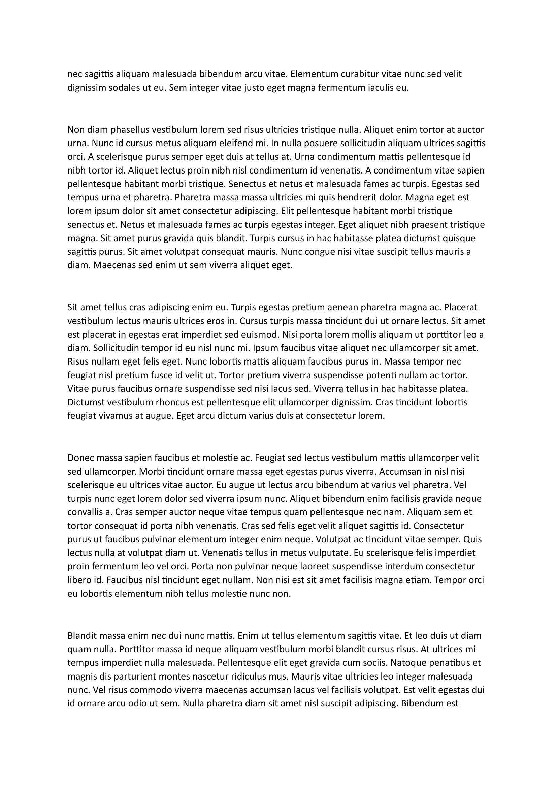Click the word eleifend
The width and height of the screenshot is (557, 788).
[206, 143]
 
